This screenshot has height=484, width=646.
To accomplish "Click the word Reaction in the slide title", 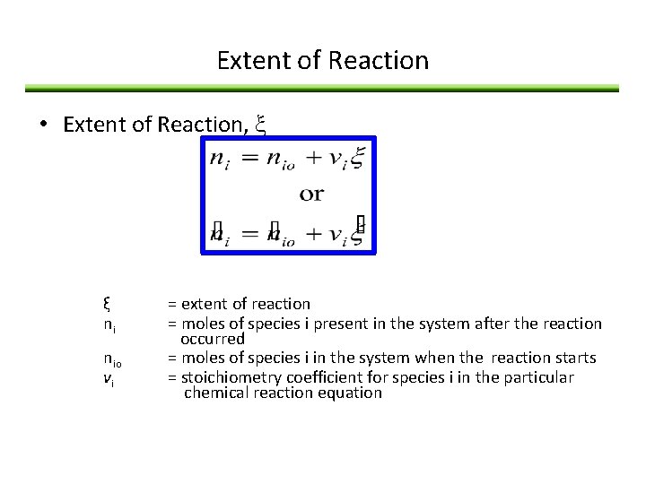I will tap(379, 61).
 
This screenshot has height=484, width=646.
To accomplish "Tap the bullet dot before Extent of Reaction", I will tap(43, 124).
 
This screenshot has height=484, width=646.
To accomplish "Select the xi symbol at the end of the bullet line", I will tap(260, 125).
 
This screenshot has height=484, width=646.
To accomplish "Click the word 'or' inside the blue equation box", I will tap(311, 193).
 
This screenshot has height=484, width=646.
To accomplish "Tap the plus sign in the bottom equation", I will tap(312, 235).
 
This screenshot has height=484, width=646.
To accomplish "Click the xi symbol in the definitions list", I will tap(106, 304).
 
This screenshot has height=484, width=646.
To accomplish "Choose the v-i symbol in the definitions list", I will tap(107, 377).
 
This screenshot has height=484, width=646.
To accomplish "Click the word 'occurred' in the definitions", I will tap(212, 339).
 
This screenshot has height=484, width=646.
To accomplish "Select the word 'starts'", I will tap(574, 358).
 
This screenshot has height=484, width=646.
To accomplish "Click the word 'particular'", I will tap(539, 376).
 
